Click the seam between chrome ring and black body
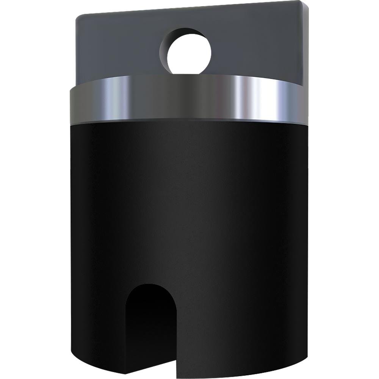[189, 121]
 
